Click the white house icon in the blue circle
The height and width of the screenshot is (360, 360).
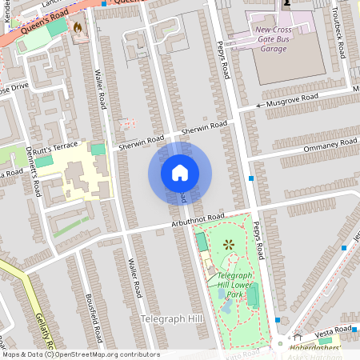coord(180,172)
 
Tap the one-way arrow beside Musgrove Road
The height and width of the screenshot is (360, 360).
coord(260,106)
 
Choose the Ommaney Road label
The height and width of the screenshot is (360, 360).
coord(330,146)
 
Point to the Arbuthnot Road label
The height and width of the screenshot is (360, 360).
coord(198,218)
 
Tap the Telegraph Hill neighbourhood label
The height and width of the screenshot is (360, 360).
coord(172,319)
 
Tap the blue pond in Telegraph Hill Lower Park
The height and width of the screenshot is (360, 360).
coord(222,294)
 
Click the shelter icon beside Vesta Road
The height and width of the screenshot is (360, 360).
coord(298,336)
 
